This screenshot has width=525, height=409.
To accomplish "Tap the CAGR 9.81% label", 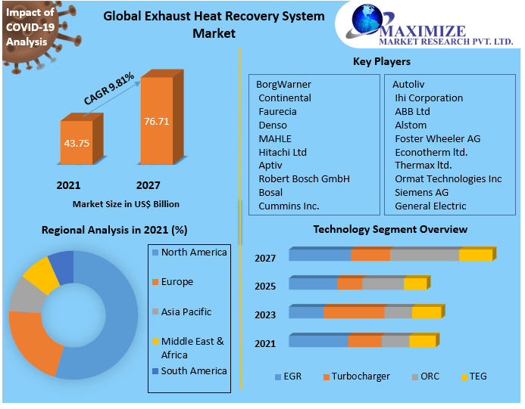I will coord(109,88).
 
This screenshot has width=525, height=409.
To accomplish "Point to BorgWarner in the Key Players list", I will coord(283,84).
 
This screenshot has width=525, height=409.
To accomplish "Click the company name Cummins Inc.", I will coord(289,206).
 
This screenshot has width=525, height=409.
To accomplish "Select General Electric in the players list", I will coord(430,206).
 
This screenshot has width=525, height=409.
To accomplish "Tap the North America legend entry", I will coord(193,253).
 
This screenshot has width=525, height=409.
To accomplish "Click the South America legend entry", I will coord(193,371).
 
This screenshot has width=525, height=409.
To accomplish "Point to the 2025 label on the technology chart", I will coord(265,287).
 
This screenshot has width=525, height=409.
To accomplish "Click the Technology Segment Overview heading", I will coord(390,229).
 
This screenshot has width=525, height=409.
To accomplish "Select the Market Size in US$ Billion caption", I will coord(126,204).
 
